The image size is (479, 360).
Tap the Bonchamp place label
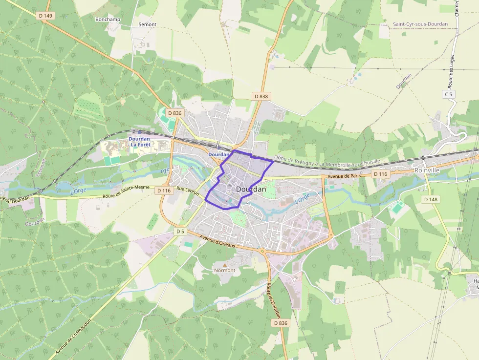[108, 20]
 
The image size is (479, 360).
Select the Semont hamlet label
[147, 24]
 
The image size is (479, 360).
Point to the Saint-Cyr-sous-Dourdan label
[420, 24]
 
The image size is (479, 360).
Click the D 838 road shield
[261, 96]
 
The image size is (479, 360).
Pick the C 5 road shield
[448, 93]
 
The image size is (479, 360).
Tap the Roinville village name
[427, 170]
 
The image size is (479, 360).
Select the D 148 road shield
[431, 199]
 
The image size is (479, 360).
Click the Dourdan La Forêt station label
[139, 141]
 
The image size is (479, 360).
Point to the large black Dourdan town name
[251, 189]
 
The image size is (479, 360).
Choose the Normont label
[225, 270]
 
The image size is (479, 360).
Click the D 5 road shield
[180, 231]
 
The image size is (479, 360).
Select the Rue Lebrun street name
[188, 191]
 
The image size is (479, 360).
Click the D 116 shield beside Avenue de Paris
[380, 174]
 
